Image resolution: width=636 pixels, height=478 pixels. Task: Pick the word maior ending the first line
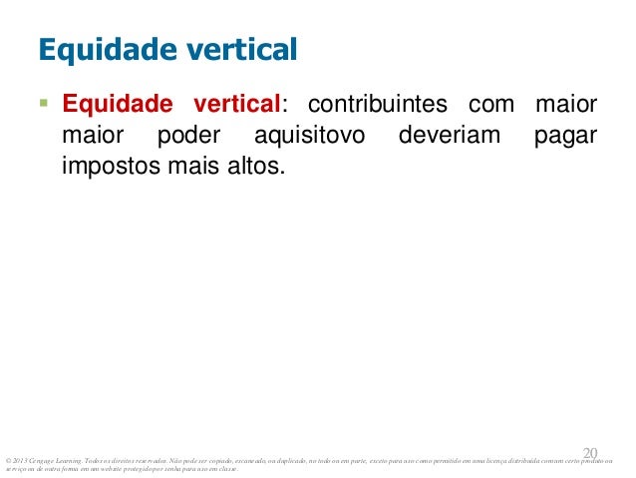click(567, 104)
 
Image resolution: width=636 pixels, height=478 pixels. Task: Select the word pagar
click(565, 134)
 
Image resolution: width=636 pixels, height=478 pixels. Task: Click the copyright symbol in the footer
click(8, 459)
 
